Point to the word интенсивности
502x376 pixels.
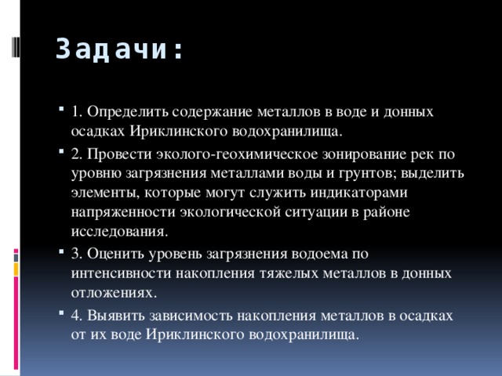point(115,273)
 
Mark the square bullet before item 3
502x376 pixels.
point(60,254)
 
